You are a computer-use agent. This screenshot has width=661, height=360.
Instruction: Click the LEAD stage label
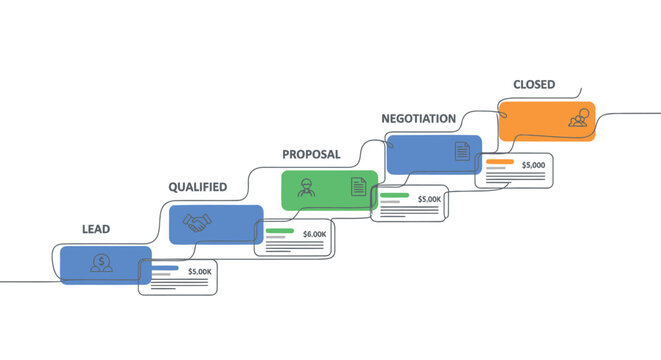(96, 229)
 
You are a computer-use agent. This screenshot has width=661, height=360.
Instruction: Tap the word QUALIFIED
(197, 187)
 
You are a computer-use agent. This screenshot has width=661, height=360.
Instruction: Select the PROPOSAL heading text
(311, 155)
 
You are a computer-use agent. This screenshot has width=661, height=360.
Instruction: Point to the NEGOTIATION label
(418, 119)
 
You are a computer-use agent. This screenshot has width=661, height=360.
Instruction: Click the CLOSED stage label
(534, 85)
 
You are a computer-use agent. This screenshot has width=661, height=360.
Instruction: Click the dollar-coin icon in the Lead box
(100, 263)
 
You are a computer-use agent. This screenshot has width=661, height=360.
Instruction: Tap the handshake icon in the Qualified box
(197, 225)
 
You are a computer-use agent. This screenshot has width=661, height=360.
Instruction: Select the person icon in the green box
(306, 187)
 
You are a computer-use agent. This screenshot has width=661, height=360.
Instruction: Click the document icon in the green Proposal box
(357, 186)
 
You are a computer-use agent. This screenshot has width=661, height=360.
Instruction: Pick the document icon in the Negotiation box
(461, 151)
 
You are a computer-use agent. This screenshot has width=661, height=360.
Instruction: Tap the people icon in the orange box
(577, 119)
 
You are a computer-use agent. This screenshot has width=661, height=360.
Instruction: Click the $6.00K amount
(314, 234)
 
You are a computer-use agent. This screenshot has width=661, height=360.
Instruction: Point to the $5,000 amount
(533, 164)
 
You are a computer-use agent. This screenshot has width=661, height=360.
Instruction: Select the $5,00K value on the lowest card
(200, 271)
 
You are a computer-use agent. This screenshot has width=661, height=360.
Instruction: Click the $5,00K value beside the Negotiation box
(429, 199)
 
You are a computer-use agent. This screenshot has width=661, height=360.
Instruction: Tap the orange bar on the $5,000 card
(499, 162)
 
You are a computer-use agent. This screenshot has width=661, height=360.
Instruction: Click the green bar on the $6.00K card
(279, 231)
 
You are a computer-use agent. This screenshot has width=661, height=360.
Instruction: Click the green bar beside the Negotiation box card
(394, 196)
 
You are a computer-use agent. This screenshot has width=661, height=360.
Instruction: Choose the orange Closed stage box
(546, 121)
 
